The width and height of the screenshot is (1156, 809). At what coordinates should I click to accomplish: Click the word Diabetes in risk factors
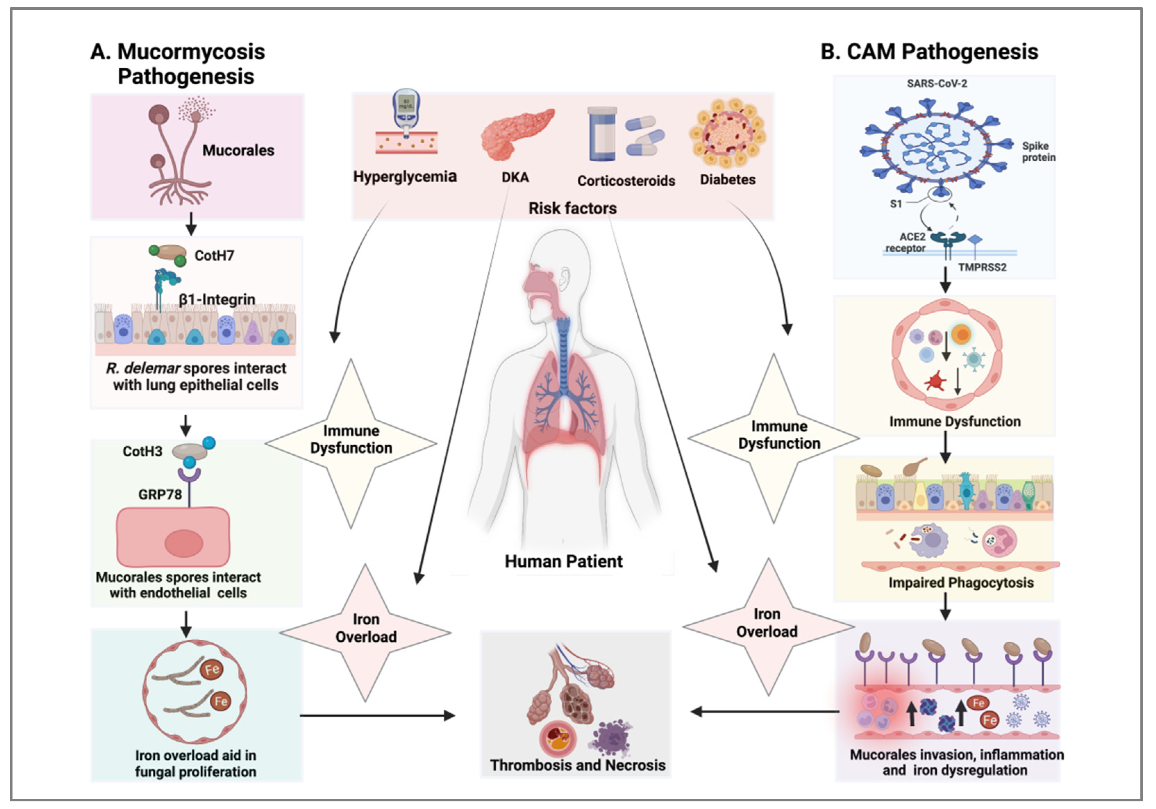(728, 180)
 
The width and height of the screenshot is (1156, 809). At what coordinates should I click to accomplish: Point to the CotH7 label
(214, 256)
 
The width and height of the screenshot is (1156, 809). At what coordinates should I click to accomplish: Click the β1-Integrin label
(217, 300)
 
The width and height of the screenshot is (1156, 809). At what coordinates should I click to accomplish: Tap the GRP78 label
(160, 494)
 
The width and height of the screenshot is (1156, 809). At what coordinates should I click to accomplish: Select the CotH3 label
(142, 451)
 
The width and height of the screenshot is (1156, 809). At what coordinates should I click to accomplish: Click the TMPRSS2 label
(982, 267)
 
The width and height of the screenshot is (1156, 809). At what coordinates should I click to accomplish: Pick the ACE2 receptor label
(906, 242)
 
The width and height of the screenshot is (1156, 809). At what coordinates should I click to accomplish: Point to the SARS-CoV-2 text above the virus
(937, 84)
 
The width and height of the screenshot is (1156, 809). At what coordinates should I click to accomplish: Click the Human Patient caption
(563, 561)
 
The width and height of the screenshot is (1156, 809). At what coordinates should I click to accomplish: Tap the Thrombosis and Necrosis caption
(578, 765)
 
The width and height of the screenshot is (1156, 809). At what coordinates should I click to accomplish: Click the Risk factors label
(572, 209)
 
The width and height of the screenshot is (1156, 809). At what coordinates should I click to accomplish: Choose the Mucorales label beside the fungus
(238, 151)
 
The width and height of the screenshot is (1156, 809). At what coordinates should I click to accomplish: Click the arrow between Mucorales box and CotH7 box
(191, 224)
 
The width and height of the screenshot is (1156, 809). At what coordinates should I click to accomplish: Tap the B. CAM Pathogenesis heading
(929, 52)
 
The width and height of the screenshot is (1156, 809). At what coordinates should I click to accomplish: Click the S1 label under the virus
(895, 204)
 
